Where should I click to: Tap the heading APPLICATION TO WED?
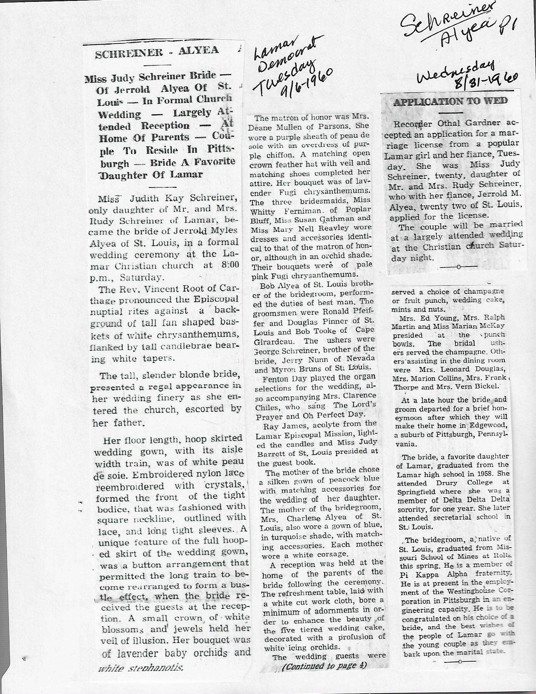pyautogui.click(x=451, y=101)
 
